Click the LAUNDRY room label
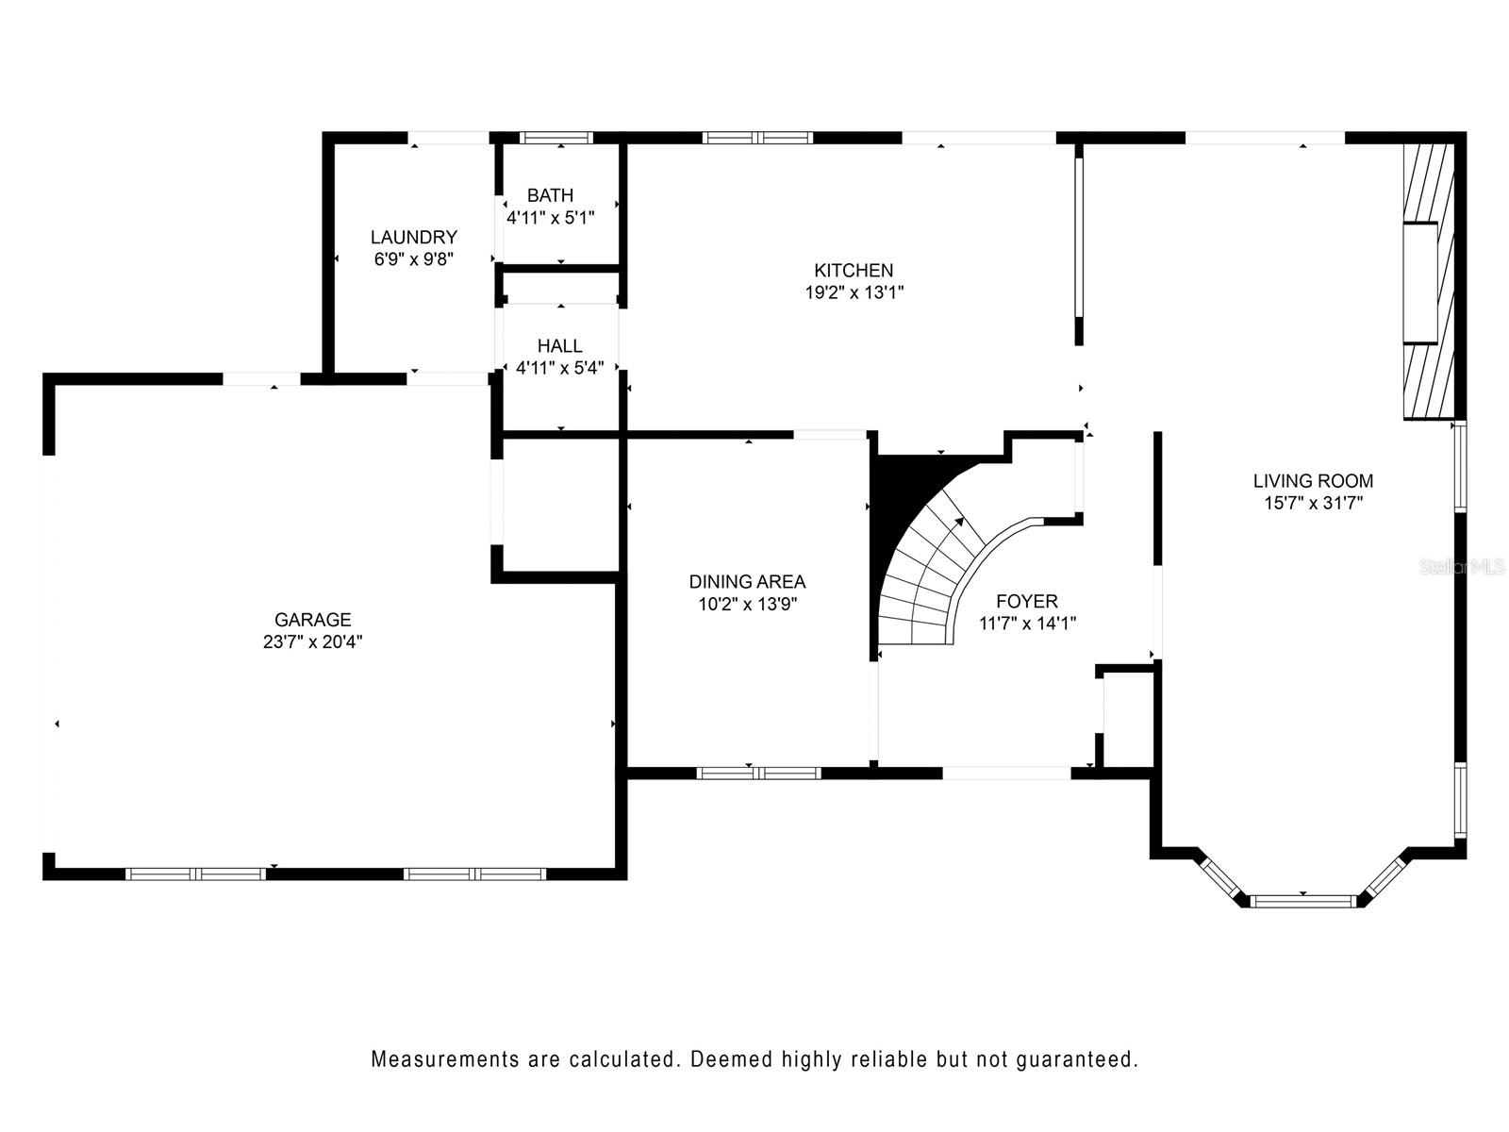[414, 237]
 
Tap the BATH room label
[550, 195]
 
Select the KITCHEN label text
[854, 270]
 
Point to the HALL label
[559, 345]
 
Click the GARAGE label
[313, 620]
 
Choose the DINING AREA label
[747, 582]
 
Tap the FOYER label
[1027, 602]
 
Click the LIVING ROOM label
[1313, 481]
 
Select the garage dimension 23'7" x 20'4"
[313, 642]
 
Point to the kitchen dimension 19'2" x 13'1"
[854, 292]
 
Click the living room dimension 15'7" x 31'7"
[1313, 503]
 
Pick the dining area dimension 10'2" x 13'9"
[747, 604]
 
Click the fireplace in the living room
[1429, 282]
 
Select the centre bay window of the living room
[1302, 901]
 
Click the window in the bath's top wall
[556, 138]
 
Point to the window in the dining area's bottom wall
[759, 773]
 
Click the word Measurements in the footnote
[445, 1059]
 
